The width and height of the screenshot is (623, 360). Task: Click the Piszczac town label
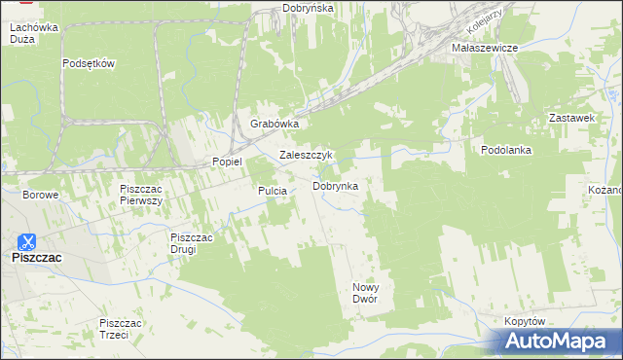(36, 258)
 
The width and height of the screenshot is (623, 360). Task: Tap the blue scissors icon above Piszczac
(29, 241)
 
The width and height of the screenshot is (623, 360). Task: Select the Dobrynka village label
(335, 186)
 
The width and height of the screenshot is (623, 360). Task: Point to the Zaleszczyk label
(307, 155)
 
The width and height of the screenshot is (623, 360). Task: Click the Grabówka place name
(274, 125)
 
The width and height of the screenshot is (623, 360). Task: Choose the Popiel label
(227, 162)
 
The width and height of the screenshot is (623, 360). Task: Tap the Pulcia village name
(272, 192)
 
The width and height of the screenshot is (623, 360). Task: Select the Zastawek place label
(571, 118)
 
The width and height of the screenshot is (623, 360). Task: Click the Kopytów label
(525, 321)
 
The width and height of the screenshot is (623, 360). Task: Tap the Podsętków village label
(89, 64)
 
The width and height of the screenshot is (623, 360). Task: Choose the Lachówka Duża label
(33, 36)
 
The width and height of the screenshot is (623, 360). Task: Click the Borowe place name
(41, 195)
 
